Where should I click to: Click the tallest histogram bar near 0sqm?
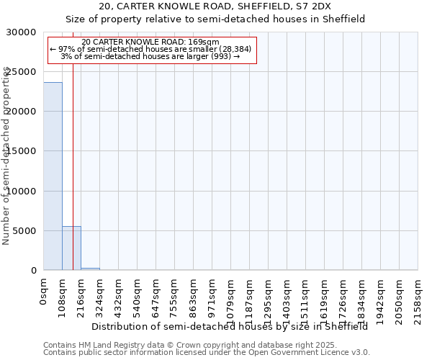point(53,176)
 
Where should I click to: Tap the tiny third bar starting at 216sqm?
point(90,269)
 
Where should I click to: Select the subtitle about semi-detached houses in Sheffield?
point(216,19)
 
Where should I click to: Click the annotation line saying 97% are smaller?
point(150,50)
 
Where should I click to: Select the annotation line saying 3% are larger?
point(150,57)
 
